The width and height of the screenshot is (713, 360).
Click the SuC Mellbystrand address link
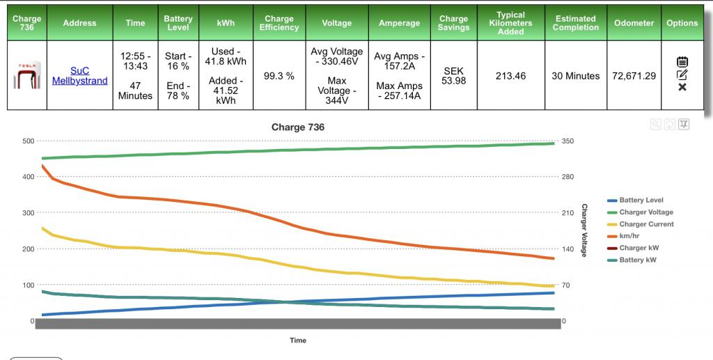point(79,76)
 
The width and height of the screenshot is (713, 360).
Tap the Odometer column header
point(634,23)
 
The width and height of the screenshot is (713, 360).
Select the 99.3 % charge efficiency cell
point(279,76)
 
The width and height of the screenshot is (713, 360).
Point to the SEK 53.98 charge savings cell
point(454,76)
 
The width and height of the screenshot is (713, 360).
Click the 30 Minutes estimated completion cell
point(575,76)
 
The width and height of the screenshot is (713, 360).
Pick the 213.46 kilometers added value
point(510,76)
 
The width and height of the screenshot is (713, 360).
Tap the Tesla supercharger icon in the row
point(27,75)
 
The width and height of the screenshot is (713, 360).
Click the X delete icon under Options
point(682,87)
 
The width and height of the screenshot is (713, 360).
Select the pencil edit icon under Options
point(682,75)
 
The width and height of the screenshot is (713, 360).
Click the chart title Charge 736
point(297,127)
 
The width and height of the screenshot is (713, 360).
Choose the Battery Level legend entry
point(641,201)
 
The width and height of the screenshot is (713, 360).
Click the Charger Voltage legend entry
point(645,212)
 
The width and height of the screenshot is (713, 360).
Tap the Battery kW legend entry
point(636,260)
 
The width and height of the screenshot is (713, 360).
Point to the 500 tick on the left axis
point(28,141)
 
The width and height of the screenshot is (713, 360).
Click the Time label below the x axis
point(297,341)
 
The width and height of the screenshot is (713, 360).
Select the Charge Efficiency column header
point(279,23)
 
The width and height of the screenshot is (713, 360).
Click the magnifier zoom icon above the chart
point(655,124)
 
